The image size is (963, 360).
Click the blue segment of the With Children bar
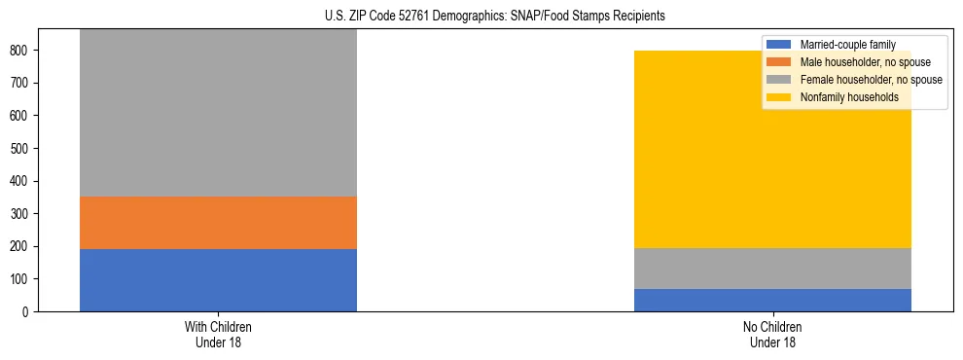[x=218, y=280]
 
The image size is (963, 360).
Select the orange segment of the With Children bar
[x=218, y=223]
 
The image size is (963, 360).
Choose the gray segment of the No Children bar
[x=772, y=269]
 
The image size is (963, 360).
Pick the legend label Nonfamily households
[x=848, y=97]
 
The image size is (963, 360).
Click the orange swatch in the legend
[x=779, y=62]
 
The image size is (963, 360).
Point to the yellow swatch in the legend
[x=779, y=97]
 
